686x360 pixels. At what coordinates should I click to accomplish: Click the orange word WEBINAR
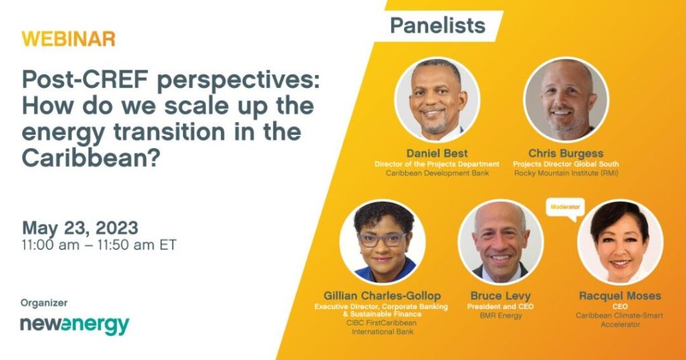click(x=68, y=39)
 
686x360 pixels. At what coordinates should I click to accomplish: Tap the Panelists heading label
click(x=437, y=26)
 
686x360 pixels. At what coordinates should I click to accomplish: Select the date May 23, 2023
click(x=80, y=228)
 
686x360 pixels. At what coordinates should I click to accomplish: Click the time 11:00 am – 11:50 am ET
click(x=99, y=245)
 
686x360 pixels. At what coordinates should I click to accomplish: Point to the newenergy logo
click(x=75, y=325)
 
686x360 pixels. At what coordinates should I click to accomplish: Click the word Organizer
click(x=44, y=302)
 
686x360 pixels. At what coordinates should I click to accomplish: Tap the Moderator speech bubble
click(x=565, y=208)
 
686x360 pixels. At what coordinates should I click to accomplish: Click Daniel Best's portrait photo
click(x=437, y=99)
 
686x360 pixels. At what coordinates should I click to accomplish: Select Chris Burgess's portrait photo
click(x=565, y=99)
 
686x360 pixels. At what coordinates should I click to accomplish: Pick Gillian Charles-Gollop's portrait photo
click(x=383, y=242)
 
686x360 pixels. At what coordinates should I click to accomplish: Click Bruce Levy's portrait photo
click(x=500, y=242)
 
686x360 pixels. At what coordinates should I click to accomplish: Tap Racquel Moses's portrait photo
click(x=620, y=242)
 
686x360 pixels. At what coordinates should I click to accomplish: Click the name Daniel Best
click(x=437, y=154)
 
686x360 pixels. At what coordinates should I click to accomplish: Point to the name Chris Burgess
click(x=565, y=154)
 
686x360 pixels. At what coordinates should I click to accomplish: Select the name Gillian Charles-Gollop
click(x=382, y=296)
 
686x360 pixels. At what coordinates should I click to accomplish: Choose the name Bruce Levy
click(x=500, y=296)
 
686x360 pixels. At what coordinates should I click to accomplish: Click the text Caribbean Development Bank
click(x=437, y=173)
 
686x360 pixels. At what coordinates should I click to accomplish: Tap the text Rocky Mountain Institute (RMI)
click(x=566, y=173)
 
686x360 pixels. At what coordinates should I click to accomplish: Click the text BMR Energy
click(x=500, y=315)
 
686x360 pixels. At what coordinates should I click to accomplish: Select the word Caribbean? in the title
click(x=89, y=158)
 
